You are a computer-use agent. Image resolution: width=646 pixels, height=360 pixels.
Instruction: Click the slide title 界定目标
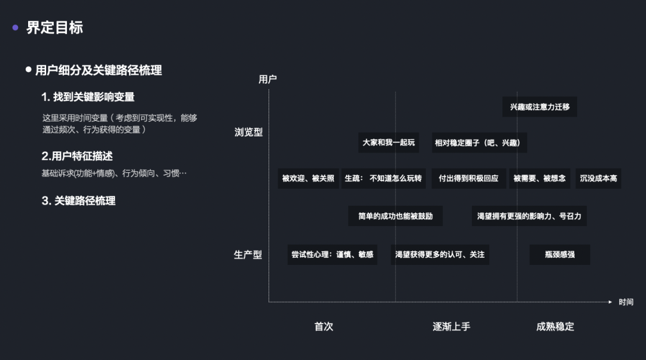pyautogui.click(x=54, y=28)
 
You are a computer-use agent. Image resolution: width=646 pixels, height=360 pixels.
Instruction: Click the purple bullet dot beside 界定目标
pyautogui.click(x=16, y=28)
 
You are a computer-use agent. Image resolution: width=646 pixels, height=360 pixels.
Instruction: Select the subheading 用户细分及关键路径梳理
pyautogui.click(x=98, y=70)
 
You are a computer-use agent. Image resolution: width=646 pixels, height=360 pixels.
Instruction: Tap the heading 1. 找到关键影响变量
pyautogui.click(x=88, y=97)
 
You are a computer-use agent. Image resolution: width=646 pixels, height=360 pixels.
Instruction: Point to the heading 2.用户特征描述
pyautogui.click(x=77, y=156)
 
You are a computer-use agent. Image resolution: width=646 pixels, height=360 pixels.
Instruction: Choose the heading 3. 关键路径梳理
pyautogui.click(x=78, y=201)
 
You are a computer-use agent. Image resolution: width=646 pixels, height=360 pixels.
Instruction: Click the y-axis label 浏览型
pyautogui.click(x=248, y=132)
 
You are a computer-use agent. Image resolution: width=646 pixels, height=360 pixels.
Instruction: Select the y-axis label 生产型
pyautogui.click(x=248, y=255)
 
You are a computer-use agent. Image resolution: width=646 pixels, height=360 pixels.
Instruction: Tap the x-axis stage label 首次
pyautogui.click(x=324, y=327)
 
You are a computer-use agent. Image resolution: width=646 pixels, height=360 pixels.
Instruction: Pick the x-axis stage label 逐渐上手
pyautogui.click(x=452, y=327)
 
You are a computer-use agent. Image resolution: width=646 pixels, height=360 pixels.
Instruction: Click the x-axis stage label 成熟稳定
pyautogui.click(x=555, y=327)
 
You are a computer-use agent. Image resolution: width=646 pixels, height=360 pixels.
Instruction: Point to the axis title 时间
pyautogui.click(x=626, y=302)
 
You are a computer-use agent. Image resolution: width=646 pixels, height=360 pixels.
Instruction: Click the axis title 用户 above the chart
pyautogui.click(x=267, y=79)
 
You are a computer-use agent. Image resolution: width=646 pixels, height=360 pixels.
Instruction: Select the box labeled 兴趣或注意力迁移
pyautogui.click(x=540, y=107)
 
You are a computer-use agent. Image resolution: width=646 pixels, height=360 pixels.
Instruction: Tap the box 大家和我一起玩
pyautogui.click(x=388, y=143)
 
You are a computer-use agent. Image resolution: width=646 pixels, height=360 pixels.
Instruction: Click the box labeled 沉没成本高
pyautogui.click(x=598, y=178)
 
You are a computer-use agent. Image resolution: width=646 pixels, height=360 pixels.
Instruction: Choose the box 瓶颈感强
pyautogui.click(x=560, y=254)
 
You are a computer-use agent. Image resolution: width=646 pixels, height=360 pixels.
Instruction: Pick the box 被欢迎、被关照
pyautogui.click(x=308, y=178)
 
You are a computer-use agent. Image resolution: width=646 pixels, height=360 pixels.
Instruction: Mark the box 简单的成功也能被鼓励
pyautogui.click(x=395, y=216)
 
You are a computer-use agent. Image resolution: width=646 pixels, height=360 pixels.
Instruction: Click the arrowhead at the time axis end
pyautogui.click(x=610, y=302)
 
